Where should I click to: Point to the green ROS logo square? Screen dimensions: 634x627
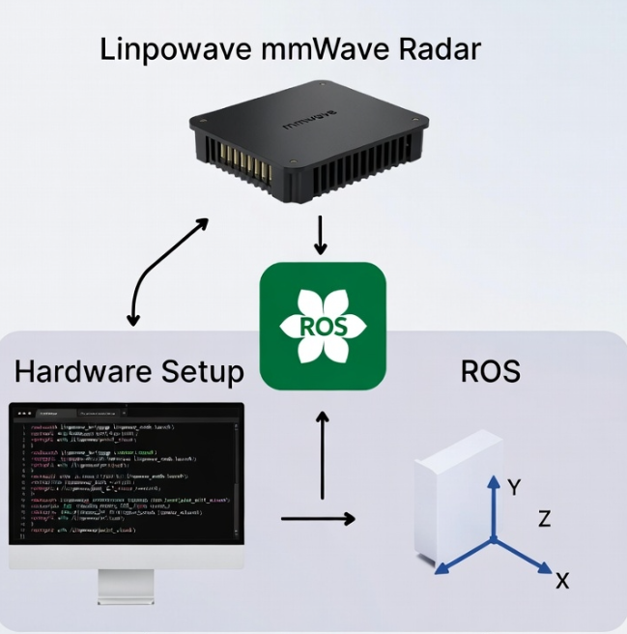[323, 326]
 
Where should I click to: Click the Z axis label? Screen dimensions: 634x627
[545, 519]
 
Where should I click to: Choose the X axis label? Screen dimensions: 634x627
[563, 580]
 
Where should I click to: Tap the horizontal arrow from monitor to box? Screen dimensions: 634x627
[318, 519]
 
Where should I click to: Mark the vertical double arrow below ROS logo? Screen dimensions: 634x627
[323, 454]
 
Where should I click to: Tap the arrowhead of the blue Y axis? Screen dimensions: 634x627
[492, 480]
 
